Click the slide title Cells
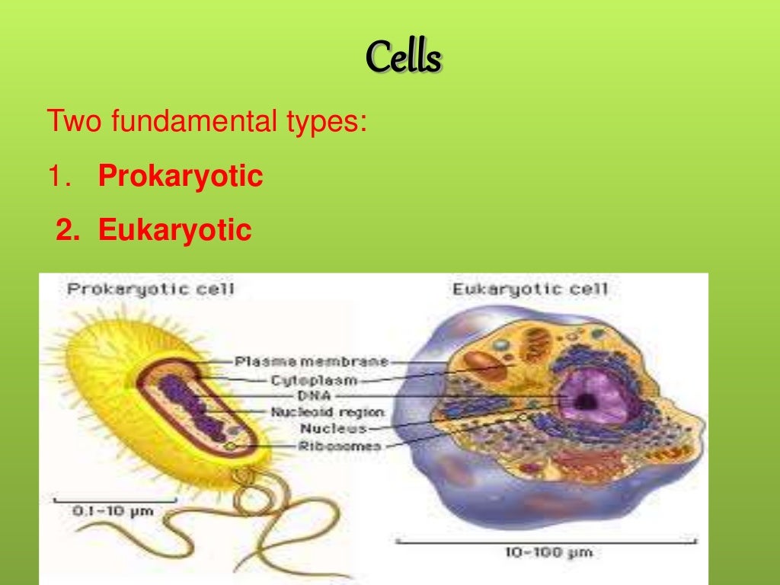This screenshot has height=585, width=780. click(404, 58)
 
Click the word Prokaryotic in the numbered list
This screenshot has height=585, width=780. click(181, 177)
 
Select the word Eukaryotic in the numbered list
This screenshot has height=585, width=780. click(174, 229)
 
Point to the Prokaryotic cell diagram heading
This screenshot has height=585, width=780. click(151, 289)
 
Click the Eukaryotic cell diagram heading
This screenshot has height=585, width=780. click(531, 289)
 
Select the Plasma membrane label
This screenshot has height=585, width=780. click(311, 361)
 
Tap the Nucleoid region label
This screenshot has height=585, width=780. click(328, 412)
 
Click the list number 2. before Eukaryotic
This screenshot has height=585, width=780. click(69, 229)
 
